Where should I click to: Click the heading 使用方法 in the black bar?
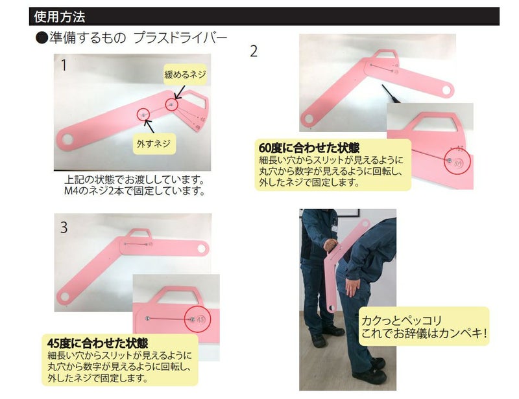tap(60, 17)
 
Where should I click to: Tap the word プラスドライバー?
tap(180, 38)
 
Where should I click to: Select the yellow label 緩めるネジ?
tap(186, 74)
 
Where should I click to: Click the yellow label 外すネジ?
tap(154, 143)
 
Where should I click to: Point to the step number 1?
tap(64, 65)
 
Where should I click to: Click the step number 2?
tap(254, 51)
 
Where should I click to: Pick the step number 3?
tap(64, 227)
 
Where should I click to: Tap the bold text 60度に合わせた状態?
tap(309, 148)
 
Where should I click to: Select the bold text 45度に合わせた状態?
tap(97, 343)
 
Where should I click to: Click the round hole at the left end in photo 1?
tap(67, 139)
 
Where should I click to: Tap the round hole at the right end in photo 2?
tap(447, 89)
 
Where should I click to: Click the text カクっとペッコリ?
tap(402, 321)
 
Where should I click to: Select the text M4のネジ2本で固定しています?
tap(135, 190)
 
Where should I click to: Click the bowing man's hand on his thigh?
tap(352, 286)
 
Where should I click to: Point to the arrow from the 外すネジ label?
tap(149, 126)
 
